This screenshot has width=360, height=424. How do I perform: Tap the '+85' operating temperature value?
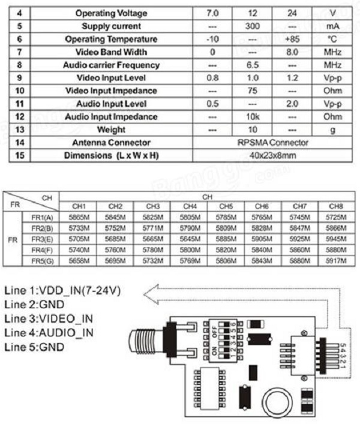pos(292,39)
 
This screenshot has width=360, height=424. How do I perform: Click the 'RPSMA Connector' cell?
pos(272,143)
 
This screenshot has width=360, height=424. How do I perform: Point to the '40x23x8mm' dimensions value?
pos(272,156)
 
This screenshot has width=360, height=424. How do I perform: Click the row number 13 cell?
pos(20,130)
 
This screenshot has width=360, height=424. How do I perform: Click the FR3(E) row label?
pos(41,239)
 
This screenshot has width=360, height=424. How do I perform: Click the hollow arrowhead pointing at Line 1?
pos(155,291)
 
